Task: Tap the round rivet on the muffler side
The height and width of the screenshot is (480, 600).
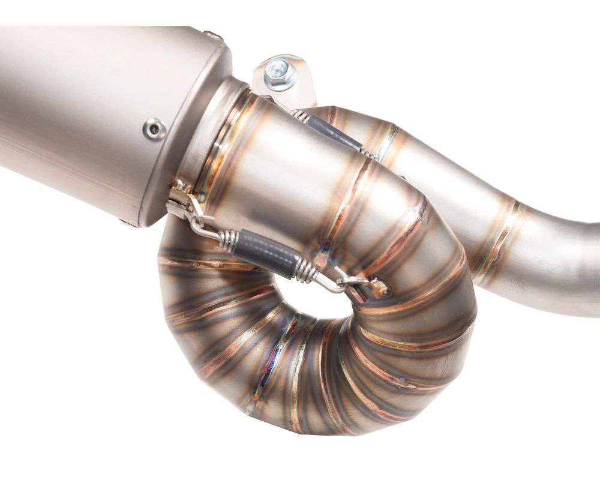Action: point(154,128)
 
